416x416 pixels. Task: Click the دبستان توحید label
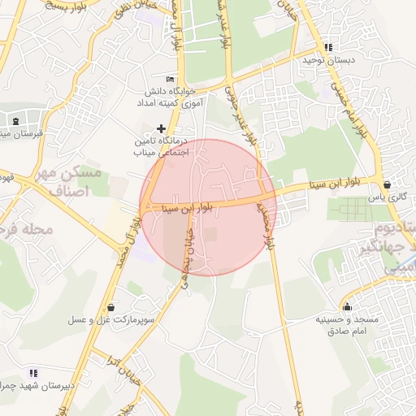pos(329,60)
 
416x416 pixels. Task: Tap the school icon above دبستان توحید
pos(328,47)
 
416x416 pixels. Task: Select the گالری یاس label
pos(385,197)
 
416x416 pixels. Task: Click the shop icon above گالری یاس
pos(386,184)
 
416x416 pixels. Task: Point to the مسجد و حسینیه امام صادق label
pos(347,325)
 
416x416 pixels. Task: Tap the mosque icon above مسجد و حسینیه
pos(348,306)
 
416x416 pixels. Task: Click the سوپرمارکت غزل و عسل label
pos(110,322)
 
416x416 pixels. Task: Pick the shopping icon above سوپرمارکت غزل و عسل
pos(110,308)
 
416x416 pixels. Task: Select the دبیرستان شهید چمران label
pos(37,386)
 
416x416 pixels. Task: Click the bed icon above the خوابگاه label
pos(170,79)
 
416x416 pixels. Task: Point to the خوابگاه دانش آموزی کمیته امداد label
pos(167,97)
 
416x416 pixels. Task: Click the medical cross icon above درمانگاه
pos(161,128)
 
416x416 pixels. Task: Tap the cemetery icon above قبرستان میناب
pos(16,121)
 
